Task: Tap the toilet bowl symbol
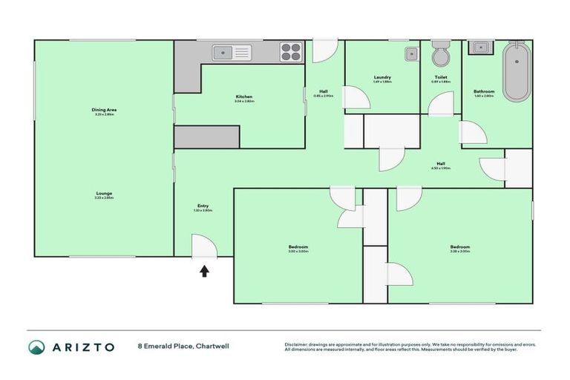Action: [440, 56]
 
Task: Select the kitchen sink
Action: [232, 52]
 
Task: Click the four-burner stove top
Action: [291, 52]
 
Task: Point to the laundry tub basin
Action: [410, 53]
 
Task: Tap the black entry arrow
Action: [204, 271]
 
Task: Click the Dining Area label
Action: [105, 110]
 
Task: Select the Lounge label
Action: [104, 193]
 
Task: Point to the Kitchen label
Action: [244, 96]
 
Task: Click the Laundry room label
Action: [382, 77]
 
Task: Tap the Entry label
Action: [203, 206]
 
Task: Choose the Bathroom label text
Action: [484, 91]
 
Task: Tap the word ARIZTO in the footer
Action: [83, 347]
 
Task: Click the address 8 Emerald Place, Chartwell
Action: [181, 347]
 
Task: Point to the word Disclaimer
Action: [298, 344]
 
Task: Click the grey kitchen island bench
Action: [207, 137]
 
